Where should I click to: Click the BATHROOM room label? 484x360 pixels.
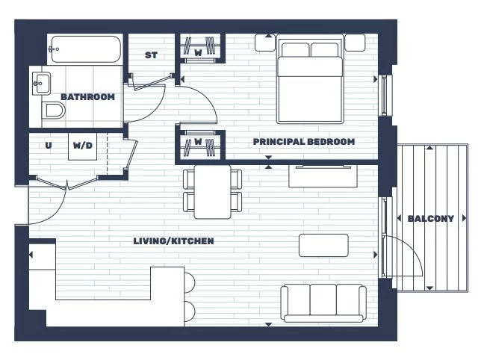tap(87, 97)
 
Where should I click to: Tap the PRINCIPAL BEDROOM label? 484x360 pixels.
tap(304, 142)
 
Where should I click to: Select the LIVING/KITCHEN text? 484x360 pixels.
tap(173, 240)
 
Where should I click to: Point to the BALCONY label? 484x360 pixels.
tap(431, 219)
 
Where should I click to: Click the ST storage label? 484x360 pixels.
tap(151, 55)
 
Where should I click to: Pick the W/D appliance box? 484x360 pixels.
tap(82, 146)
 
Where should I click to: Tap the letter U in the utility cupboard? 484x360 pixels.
tap(49, 145)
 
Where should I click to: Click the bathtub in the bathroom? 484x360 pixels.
tap(85, 49)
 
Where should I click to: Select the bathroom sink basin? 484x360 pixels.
tap(41, 84)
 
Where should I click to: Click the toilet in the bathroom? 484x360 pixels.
tap(53, 111)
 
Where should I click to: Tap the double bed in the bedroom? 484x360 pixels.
tap(310, 79)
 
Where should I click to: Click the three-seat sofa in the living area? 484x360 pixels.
tap(323, 303)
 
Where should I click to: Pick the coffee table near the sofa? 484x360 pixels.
tap(323, 246)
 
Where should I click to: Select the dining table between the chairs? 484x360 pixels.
tap(212, 192)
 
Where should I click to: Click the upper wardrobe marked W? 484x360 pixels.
tap(200, 49)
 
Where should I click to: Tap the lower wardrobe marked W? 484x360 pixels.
tap(200, 145)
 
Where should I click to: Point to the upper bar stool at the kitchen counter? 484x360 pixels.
tap(190, 282)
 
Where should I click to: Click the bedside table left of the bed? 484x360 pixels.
tap(265, 43)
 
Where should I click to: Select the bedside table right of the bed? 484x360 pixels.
tap(356, 43)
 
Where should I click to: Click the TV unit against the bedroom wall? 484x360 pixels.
tap(323, 176)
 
